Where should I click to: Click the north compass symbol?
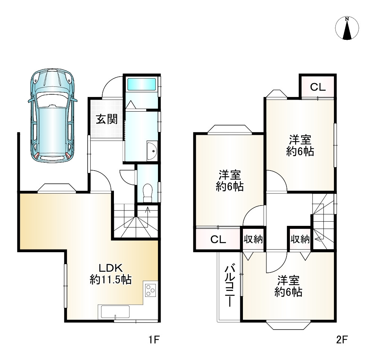pos(347,29)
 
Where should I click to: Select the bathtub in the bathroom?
pos(141,84)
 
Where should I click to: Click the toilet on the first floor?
pos(147,191)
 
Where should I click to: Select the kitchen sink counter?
pos(114,312)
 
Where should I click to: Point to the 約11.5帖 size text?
pos(110,280)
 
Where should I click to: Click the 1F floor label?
pos(154,340)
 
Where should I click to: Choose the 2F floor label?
pos(341,340)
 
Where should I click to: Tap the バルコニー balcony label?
pos(229,286)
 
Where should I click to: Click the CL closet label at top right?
pos(318,87)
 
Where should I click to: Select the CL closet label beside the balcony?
pos(218,239)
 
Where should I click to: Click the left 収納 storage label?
pos(253,239)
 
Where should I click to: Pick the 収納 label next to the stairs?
pos(300,239)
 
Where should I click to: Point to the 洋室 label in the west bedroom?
pos(229,175)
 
